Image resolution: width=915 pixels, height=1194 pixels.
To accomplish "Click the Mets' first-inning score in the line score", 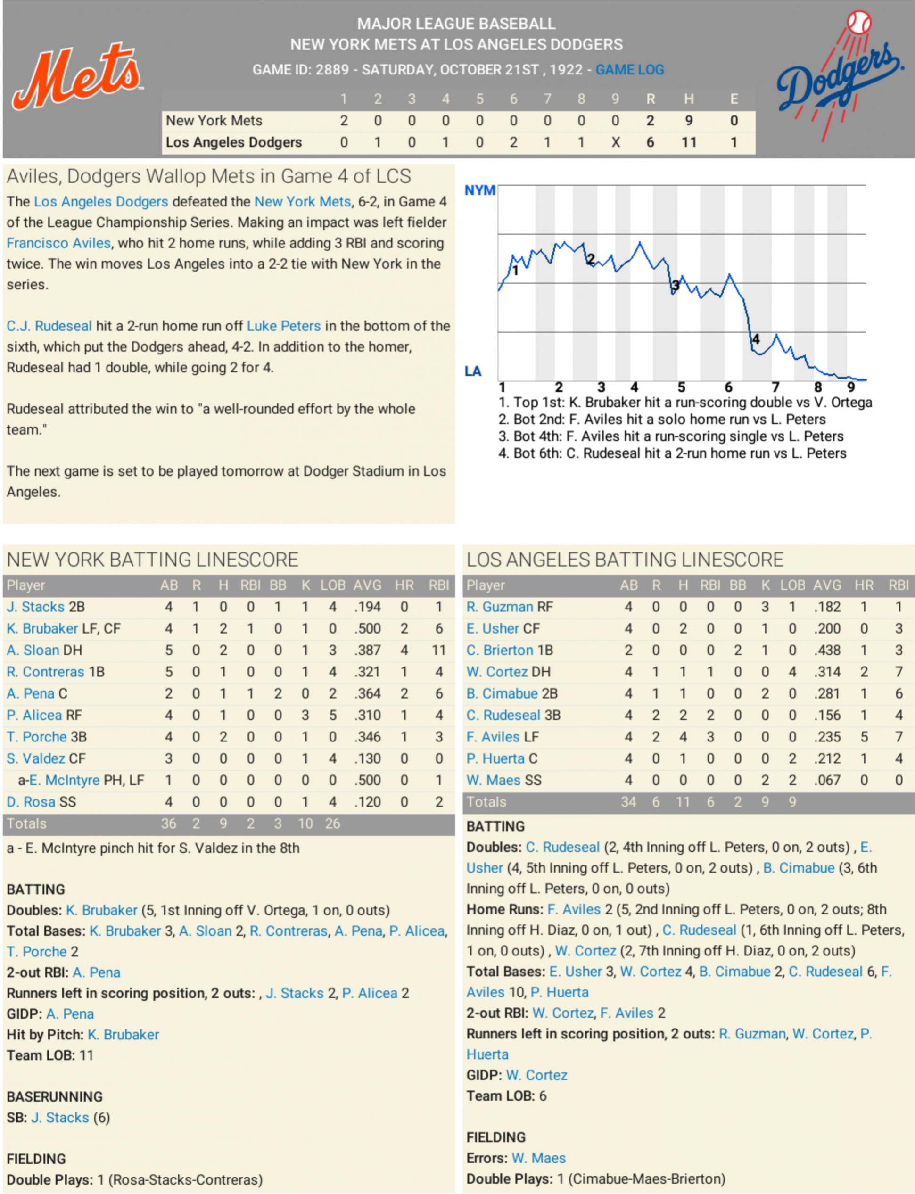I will pyautogui.click(x=344, y=120).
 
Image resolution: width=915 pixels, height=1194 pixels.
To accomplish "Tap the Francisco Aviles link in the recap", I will pyautogui.click(x=58, y=243).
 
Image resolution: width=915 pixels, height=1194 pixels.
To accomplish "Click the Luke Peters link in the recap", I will pyautogui.click(x=283, y=326).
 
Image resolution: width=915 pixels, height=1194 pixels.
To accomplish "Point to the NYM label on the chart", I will pyautogui.click(x=479, y=190).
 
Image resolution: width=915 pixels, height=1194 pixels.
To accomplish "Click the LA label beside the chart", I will pyautogui.click(x=473, y=371).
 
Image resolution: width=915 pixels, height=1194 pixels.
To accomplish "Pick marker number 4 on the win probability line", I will pyautogui.click(x=755, y=339).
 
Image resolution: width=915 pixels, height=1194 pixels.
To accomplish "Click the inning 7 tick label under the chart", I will pyautogui.click(x=775, y=387).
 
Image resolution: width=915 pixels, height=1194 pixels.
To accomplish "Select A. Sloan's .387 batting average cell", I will pyautogui.click(x=367, y=650).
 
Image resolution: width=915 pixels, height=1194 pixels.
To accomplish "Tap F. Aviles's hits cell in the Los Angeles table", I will pyautogui.click(x=683, y=737).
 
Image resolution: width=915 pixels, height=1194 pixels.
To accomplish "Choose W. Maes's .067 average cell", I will pyautogui.click(x=827, y=780).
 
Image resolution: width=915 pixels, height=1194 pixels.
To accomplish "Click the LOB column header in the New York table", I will pyautogui.click(x=332, y=585).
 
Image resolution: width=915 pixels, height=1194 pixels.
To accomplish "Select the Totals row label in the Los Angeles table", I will pyautogui.click(x=486, y=802).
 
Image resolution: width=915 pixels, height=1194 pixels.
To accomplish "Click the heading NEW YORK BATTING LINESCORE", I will pyautogui.click(x=153, y=560).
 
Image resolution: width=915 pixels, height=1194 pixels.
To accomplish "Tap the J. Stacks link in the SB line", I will pyautogui.click(x=60, y=1118).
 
